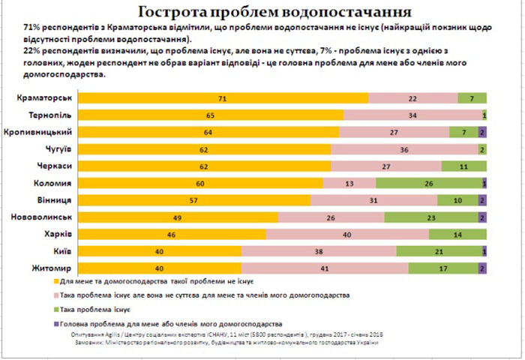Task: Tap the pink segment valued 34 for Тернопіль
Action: tap(412, 115)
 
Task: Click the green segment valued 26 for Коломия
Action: tap(428, 183)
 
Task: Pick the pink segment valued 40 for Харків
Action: tap(347, 234)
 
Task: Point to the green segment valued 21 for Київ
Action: tap(438, 251)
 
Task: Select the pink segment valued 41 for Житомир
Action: tap(325, 268)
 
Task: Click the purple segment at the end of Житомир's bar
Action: tap(482, 268)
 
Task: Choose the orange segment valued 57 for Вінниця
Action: tap(194, 200)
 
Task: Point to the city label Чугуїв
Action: tap(56, 149)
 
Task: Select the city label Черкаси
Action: tap(54, 166)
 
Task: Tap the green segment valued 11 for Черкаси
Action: tap(463, 166)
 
